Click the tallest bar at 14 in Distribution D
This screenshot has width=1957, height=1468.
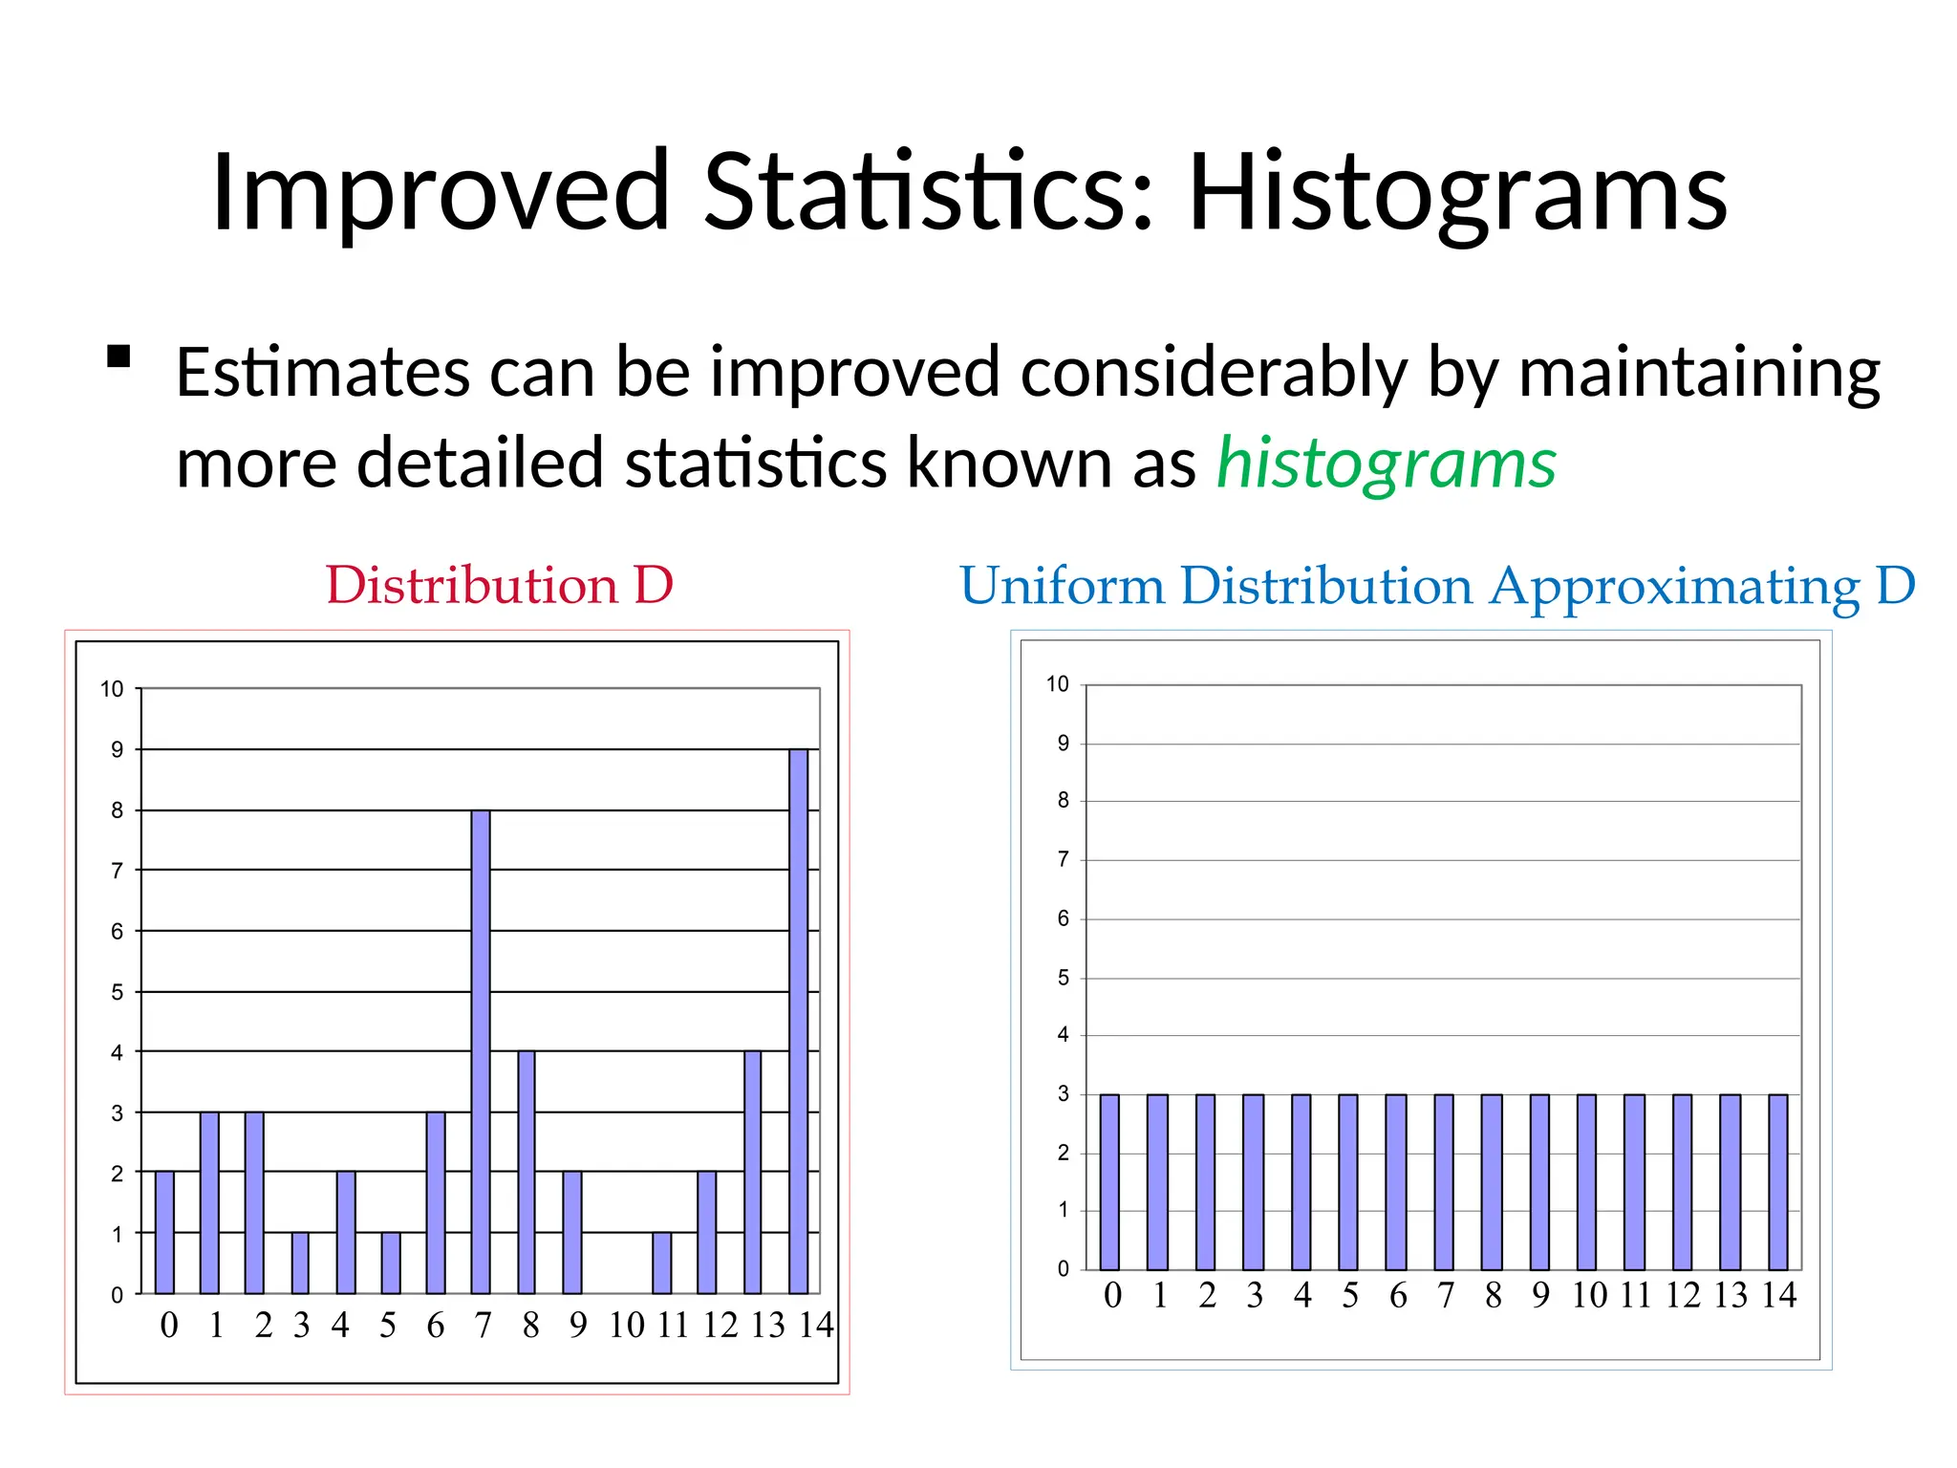(799, 1021)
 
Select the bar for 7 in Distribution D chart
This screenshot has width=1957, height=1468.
(481, 1051)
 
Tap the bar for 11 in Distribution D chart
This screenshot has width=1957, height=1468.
(662, 1263)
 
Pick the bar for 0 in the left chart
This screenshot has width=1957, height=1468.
(164, 1232)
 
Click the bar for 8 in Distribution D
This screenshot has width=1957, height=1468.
(527, 1172)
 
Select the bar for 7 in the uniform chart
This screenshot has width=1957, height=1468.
(1444, 1181)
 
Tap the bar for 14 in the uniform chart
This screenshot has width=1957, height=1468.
(1777, 1181)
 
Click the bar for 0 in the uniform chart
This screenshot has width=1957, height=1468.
(1109, 1181)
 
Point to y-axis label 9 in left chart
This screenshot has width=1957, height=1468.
(117, 750)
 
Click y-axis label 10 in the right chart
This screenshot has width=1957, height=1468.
(1057, 684)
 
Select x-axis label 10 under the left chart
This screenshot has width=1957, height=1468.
(627, 1326)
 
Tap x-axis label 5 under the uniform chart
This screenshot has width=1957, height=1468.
(1349, 1296)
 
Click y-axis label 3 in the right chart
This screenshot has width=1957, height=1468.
(1063, 1094)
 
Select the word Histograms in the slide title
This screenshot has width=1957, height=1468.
(1456, 194)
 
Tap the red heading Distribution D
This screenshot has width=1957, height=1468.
(499, 585)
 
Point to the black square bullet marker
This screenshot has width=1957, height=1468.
(118, 357)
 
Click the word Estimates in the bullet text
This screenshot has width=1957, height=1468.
(322, 373)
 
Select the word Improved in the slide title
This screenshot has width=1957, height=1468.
(440, 194)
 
